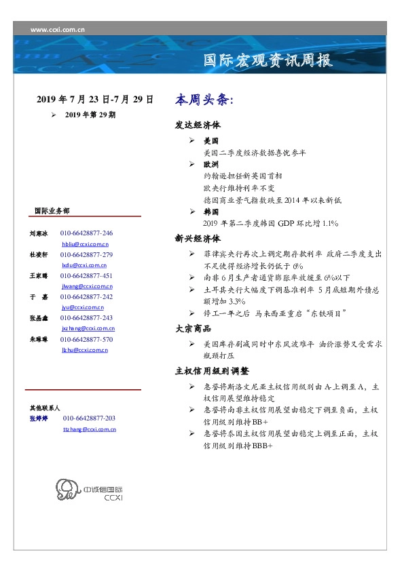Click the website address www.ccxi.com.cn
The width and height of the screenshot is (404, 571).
click(x=58, y=30)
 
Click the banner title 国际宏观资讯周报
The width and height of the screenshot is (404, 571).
click(x=269, y=61)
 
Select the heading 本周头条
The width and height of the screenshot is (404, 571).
click(x=204, y=100)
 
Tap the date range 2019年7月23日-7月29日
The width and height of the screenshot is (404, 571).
click(x=95, y=100)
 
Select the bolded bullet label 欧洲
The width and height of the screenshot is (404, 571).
click(x=210, y=164)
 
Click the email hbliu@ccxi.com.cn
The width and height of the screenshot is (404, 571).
click(x=85, y=243)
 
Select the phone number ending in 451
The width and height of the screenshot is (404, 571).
click(x=86, y=276)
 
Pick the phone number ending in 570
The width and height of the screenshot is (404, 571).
click(x=86, y=339)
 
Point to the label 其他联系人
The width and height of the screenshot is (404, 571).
click(x=45, y=408)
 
